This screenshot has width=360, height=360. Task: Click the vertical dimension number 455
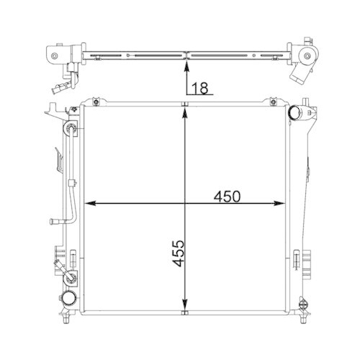click(178, 254)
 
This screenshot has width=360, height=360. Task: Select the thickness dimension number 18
click(201, 89)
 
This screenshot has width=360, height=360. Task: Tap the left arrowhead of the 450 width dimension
click(89, 204)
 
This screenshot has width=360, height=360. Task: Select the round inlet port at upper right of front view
click(297, 114)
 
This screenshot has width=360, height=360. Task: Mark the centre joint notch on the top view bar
click(186, 54)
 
